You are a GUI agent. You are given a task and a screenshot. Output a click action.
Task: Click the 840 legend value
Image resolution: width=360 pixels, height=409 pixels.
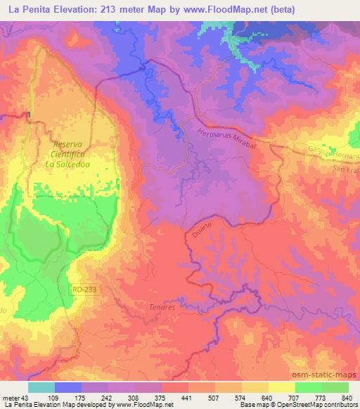click(346, 398)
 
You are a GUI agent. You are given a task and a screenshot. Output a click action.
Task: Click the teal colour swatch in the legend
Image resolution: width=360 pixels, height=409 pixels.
click(41, 387)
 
